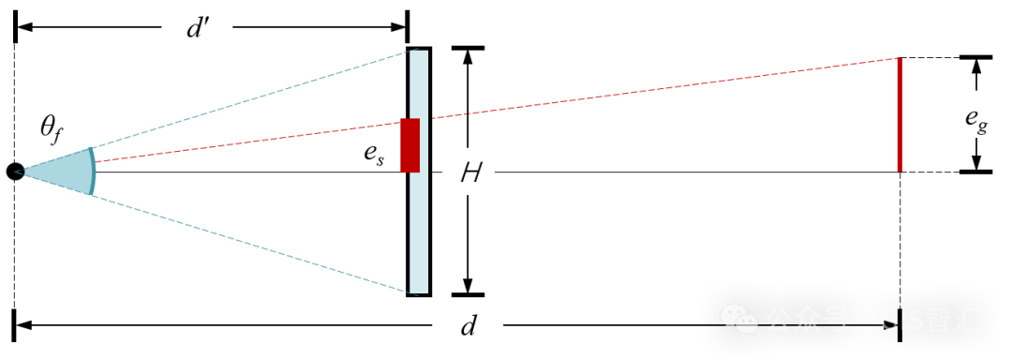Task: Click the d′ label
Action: tap(196, 28)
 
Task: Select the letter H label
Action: tap(469, 173)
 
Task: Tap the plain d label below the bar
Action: tap(468, 325)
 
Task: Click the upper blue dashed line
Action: tap(253, 98)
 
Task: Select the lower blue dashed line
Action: tap(253, 244)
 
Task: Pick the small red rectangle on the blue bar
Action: tap(409, 145)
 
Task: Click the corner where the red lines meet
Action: tap(900, 59)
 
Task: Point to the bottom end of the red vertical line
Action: tap(900, 171)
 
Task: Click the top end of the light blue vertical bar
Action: tap(419, 52)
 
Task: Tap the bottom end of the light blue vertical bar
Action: tap(419, 291)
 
